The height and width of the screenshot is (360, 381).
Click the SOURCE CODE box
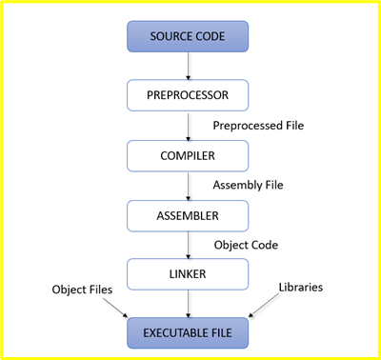[x=188, y=36]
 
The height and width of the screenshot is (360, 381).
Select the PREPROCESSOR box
[x=188, y=95]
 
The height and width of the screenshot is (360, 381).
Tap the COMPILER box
[x=188, y=154]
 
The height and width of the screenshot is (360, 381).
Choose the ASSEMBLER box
[x=188, y=214]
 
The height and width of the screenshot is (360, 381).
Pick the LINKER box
[x=188, y=274]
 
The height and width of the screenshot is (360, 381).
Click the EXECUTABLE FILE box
[x=188, y=332]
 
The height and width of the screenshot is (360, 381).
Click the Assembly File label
[x=250, y=184]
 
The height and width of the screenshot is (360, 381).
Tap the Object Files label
[x=84, y=287]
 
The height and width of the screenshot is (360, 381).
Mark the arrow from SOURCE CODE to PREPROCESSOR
[x=188, y=66]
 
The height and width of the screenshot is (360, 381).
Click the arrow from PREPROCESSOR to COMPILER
[x=188, y=125]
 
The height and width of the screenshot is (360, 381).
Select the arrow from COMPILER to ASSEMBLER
[x=188, y=185]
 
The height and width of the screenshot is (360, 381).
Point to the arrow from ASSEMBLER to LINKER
[x=188, y=244]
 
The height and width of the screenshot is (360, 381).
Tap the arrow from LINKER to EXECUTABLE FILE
[x=188, y=304]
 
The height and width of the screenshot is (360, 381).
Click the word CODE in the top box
[x=211, y=36]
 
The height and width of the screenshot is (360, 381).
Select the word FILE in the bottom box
[x=226, y=332]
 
